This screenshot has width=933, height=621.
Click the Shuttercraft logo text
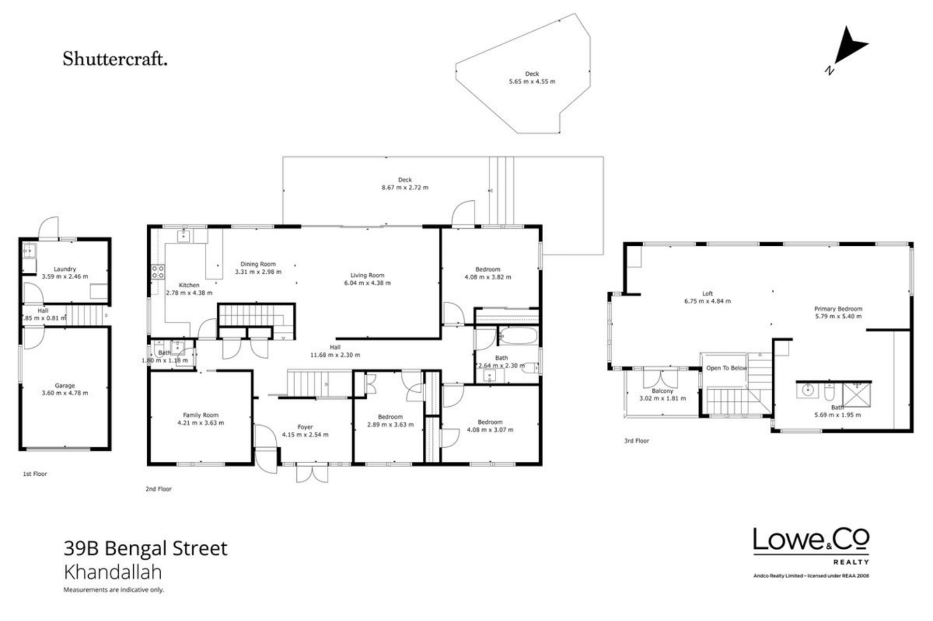point(115,59)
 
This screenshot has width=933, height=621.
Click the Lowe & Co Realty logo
point(811,544)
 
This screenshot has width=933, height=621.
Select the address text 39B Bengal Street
point(145,548)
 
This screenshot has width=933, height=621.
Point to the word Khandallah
point(112,572)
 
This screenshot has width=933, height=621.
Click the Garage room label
point(64,385)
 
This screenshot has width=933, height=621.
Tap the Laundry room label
point(64,269)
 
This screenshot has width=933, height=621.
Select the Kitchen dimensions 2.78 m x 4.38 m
point(189,293)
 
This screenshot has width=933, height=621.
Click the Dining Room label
point(258,264)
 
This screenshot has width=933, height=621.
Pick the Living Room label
point(367,275)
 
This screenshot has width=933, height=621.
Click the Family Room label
point(200,415)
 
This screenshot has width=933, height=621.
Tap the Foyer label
point(305,427)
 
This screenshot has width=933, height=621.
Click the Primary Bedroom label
point(838,308)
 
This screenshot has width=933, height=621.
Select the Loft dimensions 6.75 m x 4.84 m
point(707,301)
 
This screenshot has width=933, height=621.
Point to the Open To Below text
point(726,368)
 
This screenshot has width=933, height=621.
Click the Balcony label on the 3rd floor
point(662,391)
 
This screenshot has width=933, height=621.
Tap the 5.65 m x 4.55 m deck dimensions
point(531,81)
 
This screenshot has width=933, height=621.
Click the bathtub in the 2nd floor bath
point(518,335)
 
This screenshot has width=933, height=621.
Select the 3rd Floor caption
point(637,441)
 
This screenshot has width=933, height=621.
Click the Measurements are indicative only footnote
point(114,589)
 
